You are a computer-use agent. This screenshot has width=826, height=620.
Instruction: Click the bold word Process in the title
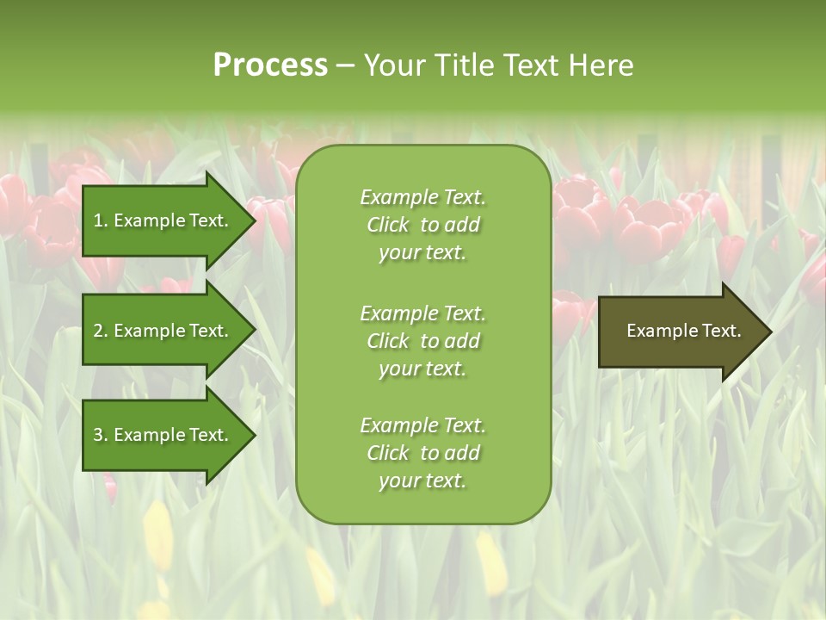270,65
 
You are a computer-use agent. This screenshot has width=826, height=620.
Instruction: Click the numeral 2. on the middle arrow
101,331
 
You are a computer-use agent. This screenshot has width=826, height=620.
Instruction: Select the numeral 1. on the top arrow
101,220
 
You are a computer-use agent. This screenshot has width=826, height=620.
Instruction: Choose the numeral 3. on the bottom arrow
101,435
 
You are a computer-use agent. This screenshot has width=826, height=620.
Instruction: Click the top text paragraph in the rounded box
422,225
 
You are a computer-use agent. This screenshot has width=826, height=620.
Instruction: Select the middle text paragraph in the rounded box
422,341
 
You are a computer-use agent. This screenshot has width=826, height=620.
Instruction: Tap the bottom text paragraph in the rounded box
422,453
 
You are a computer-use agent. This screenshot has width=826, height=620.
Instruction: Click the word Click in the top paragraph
388,225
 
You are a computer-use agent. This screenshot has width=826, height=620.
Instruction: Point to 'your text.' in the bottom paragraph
422,480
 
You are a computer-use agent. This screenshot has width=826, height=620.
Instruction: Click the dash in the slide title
345,66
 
